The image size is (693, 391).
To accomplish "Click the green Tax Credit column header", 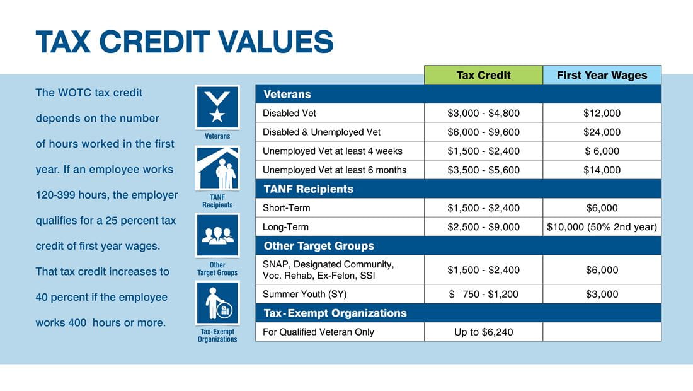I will [483, 75].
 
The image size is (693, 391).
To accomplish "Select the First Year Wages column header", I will [602, 75].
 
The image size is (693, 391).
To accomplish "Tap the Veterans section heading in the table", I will [287, 95].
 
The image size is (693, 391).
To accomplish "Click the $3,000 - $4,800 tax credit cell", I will [483, 114].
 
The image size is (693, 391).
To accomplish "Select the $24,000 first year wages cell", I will [602, 132].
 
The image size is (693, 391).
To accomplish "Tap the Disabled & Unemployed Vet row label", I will [321, 132].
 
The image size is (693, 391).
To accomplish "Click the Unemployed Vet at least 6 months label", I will [335, 170].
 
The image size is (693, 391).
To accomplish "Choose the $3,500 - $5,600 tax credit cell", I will [483, 170].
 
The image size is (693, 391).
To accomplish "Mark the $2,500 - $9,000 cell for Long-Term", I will [483, 227].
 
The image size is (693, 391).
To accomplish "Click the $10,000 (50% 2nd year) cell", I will [602, 227].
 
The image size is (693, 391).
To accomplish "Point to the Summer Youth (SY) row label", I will [304, 294].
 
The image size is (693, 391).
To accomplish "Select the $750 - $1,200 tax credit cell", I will [483, 294].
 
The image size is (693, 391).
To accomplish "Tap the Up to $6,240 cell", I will [483, 332].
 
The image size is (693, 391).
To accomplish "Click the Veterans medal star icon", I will [217, 107].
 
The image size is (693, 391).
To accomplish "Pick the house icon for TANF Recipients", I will [217, 168].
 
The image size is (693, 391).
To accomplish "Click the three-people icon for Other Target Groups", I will [217, 235].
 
